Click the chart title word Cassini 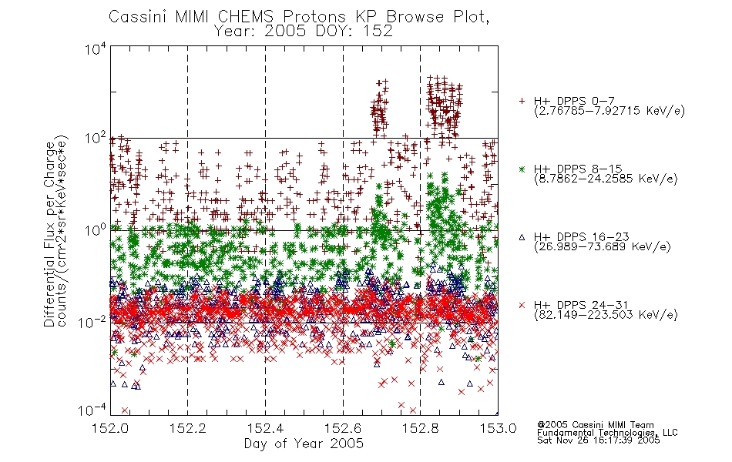click(x=139, y=17)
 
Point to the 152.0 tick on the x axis click(x=110, y=428)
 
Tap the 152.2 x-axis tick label click(x=188, y=428)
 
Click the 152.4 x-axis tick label click(x=266, y=428)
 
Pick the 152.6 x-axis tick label click(x=343, y=428)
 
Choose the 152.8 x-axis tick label click(x=420, y=428)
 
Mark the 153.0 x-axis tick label click(x=498, y=428)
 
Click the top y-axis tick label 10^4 click(x=96, y=49)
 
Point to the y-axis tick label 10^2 click(x=96, y=139)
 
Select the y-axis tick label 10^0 click(x=96, y=230)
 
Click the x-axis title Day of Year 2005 click(x=304, y=444)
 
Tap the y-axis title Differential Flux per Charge click(x=49, y=234)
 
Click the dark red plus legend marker click(x=522, y=101)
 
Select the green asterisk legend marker click(x=522, y=169)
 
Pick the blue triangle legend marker click(x=522, y=237)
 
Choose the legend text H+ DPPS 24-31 click(x=581, y=305)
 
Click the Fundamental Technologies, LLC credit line click(x=607, y=433)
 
